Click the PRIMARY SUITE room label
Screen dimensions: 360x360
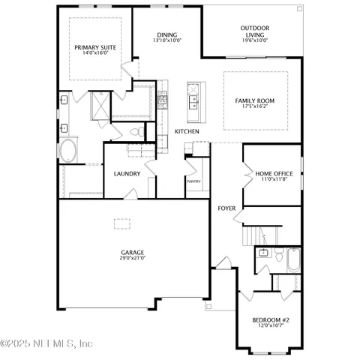coord(96,46)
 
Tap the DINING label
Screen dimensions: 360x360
coord(167,34)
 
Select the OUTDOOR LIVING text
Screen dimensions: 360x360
coord(255,28)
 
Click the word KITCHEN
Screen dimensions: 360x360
coord(187,131)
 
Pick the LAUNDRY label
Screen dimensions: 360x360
coord(127,173)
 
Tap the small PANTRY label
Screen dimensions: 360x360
coord(193,181)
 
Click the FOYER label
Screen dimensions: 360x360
coord(226,208)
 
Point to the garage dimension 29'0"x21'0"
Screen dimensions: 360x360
coord(132,258)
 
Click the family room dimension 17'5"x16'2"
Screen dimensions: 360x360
coord(255,107)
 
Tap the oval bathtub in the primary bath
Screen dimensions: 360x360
coord(68,151)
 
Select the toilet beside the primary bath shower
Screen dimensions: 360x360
coord(136,132)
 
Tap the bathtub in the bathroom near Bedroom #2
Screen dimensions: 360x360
coord(292,262)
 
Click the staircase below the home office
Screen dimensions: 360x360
coord(251,236)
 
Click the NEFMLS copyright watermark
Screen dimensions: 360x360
coord(46,343)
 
